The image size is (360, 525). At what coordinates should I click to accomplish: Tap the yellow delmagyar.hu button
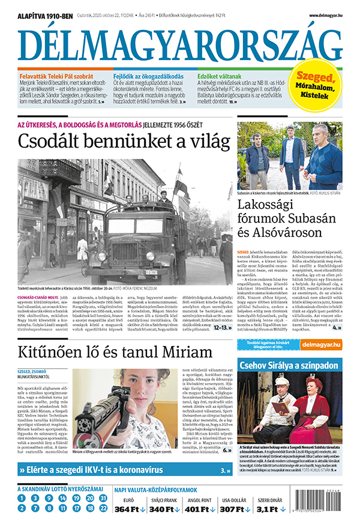[x=322, y=344]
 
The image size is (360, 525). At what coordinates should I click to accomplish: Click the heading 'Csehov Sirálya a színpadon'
[x=289, y=365]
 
